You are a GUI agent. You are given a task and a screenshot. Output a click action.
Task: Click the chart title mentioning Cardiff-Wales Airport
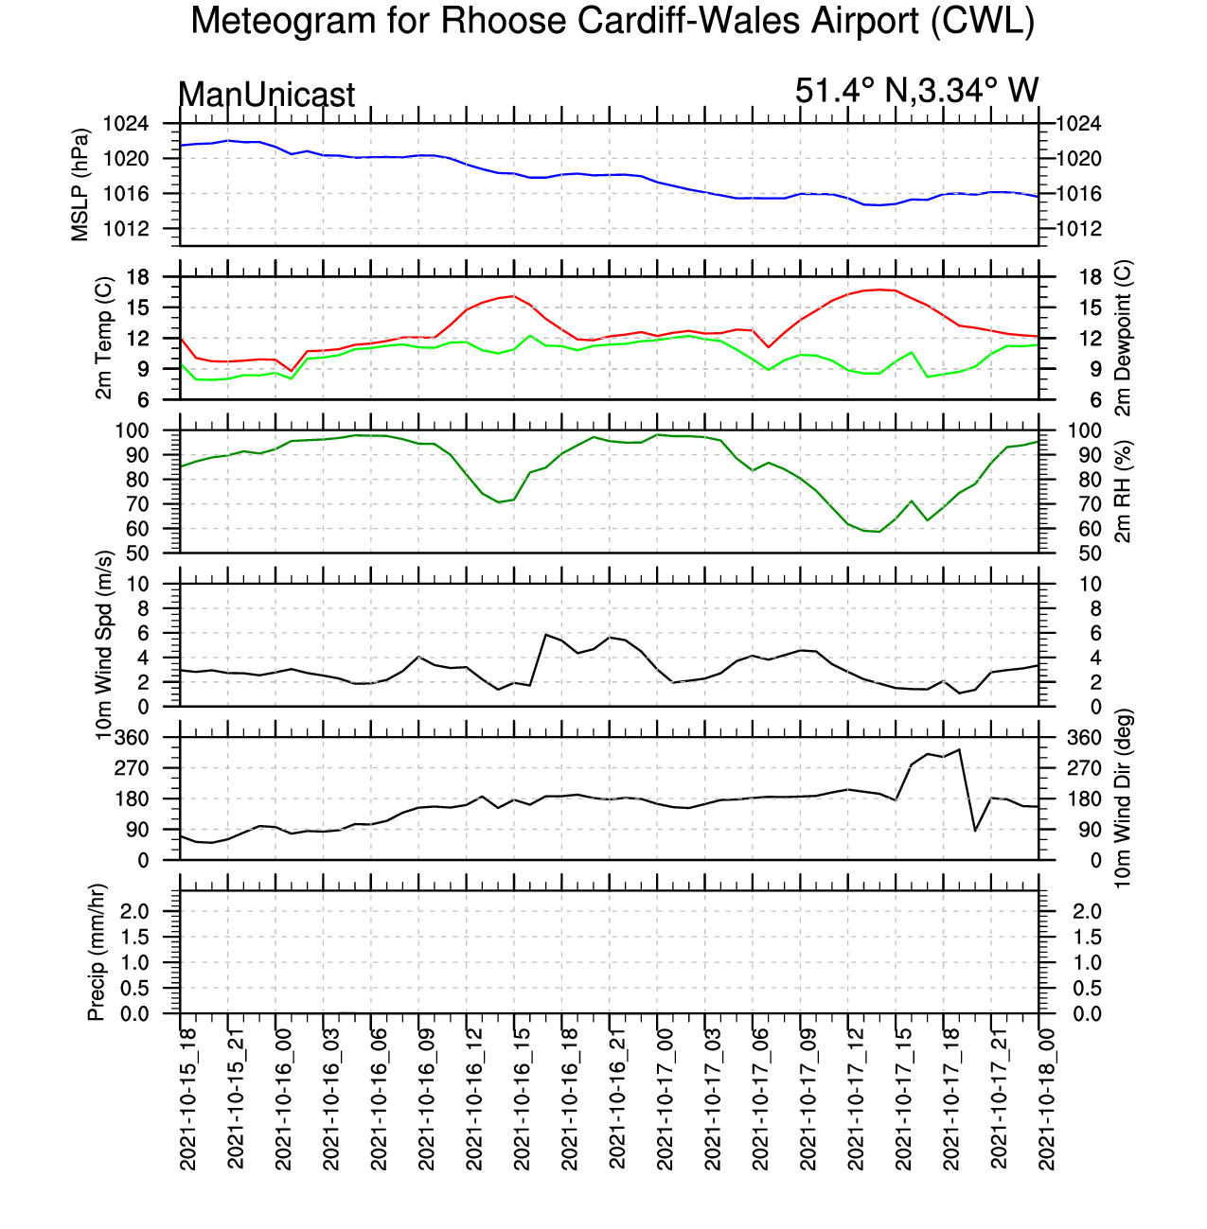(612, 22)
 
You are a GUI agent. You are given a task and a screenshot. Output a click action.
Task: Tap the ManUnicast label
(266, 95)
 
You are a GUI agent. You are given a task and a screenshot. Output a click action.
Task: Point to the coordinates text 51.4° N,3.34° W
(916, 91)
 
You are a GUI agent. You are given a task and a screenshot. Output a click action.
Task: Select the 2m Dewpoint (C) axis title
(1123, 338)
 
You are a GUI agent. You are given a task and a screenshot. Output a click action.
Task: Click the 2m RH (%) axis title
(1123, 491)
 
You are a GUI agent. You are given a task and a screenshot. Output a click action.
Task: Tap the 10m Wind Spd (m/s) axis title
(105, 644)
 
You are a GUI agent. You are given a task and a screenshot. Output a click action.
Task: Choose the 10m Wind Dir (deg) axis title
(1123, 798)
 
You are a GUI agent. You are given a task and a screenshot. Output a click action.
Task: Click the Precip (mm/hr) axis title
(96, 952)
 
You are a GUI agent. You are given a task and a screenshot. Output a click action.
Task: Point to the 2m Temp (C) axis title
(105, 338)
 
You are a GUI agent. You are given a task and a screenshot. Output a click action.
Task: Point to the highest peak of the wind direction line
(960, 749)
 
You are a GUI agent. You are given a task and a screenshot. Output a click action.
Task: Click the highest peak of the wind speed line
(546, 634)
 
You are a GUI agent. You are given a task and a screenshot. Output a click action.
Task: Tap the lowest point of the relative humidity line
(879, 532)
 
